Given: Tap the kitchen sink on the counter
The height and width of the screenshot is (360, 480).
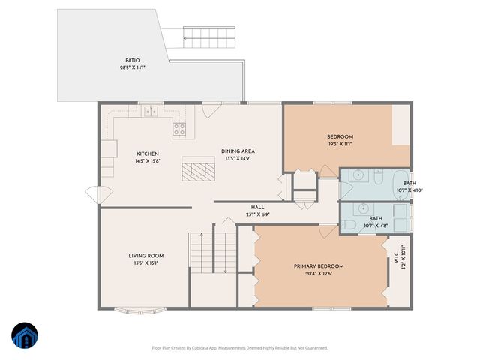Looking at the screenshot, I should (151, 112).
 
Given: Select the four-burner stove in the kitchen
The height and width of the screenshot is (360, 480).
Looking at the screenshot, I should (180, 129).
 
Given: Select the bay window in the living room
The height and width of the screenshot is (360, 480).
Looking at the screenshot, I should (143, 307).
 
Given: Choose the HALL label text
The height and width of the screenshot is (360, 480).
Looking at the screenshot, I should (257, 207).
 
